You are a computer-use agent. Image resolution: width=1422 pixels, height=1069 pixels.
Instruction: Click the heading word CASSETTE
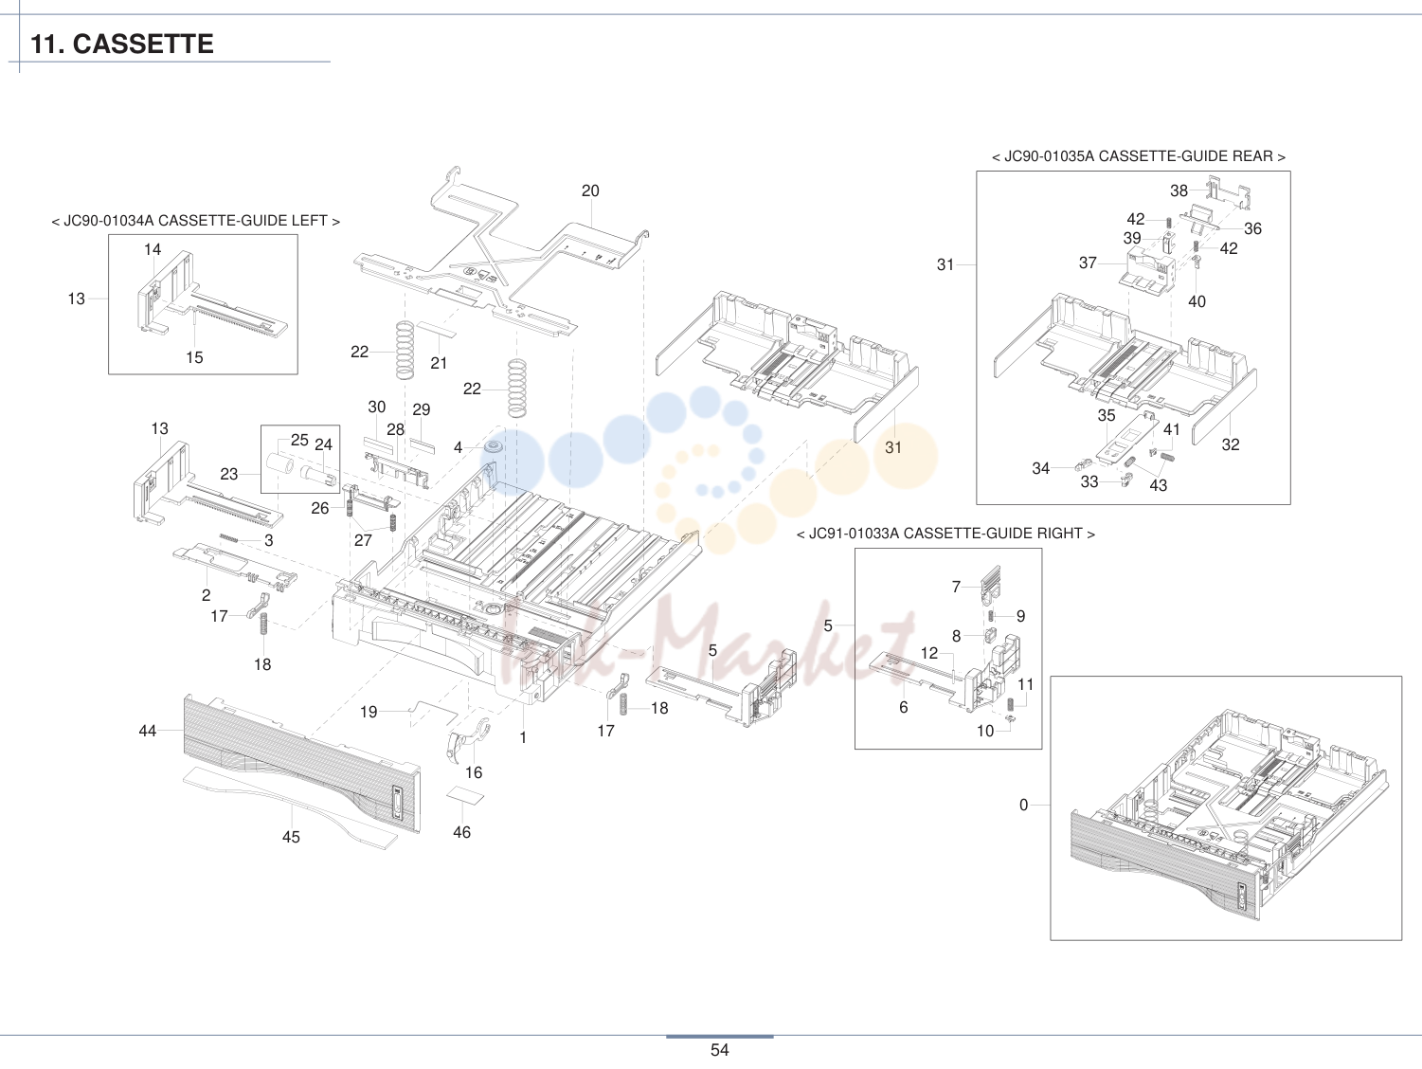coord(142,44)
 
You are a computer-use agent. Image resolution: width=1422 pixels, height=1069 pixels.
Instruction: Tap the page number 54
coord(719,1050)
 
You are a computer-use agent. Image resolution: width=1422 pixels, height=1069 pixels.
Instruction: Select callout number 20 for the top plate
coord(590,190)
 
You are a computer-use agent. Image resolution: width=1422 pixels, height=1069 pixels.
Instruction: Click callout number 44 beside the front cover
coord(148,731)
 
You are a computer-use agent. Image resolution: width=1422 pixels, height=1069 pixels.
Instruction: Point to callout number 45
coord(291,837)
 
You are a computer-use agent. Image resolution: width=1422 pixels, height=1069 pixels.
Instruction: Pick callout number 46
coord(461,832)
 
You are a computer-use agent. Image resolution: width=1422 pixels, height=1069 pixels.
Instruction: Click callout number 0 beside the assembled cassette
coord(1023,805)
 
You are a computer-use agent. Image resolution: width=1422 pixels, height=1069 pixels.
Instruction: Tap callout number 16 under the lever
coord(474,772)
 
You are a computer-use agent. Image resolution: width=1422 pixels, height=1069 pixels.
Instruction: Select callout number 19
coord(369,712)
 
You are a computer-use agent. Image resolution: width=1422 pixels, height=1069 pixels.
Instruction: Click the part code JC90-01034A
coord(108,221)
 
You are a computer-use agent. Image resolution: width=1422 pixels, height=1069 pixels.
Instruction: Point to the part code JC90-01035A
coord(1049,156)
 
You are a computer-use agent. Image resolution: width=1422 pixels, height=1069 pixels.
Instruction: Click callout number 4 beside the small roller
coord(458,447)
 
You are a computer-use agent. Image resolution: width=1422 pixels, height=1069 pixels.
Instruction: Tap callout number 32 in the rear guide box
coord(1231,444)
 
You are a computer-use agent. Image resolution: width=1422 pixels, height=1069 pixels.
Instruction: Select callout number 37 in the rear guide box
coord(1088,263)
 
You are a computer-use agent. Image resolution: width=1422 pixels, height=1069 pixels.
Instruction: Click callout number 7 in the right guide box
coord(956,587)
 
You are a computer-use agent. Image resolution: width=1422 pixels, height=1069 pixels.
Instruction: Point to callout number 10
coord(985,731)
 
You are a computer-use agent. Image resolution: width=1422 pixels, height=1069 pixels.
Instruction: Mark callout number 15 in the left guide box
coord(194,357)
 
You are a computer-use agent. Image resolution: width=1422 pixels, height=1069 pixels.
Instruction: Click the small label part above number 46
coord(465,796)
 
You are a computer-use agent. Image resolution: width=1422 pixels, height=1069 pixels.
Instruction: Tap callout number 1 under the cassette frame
coord(523,737)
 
